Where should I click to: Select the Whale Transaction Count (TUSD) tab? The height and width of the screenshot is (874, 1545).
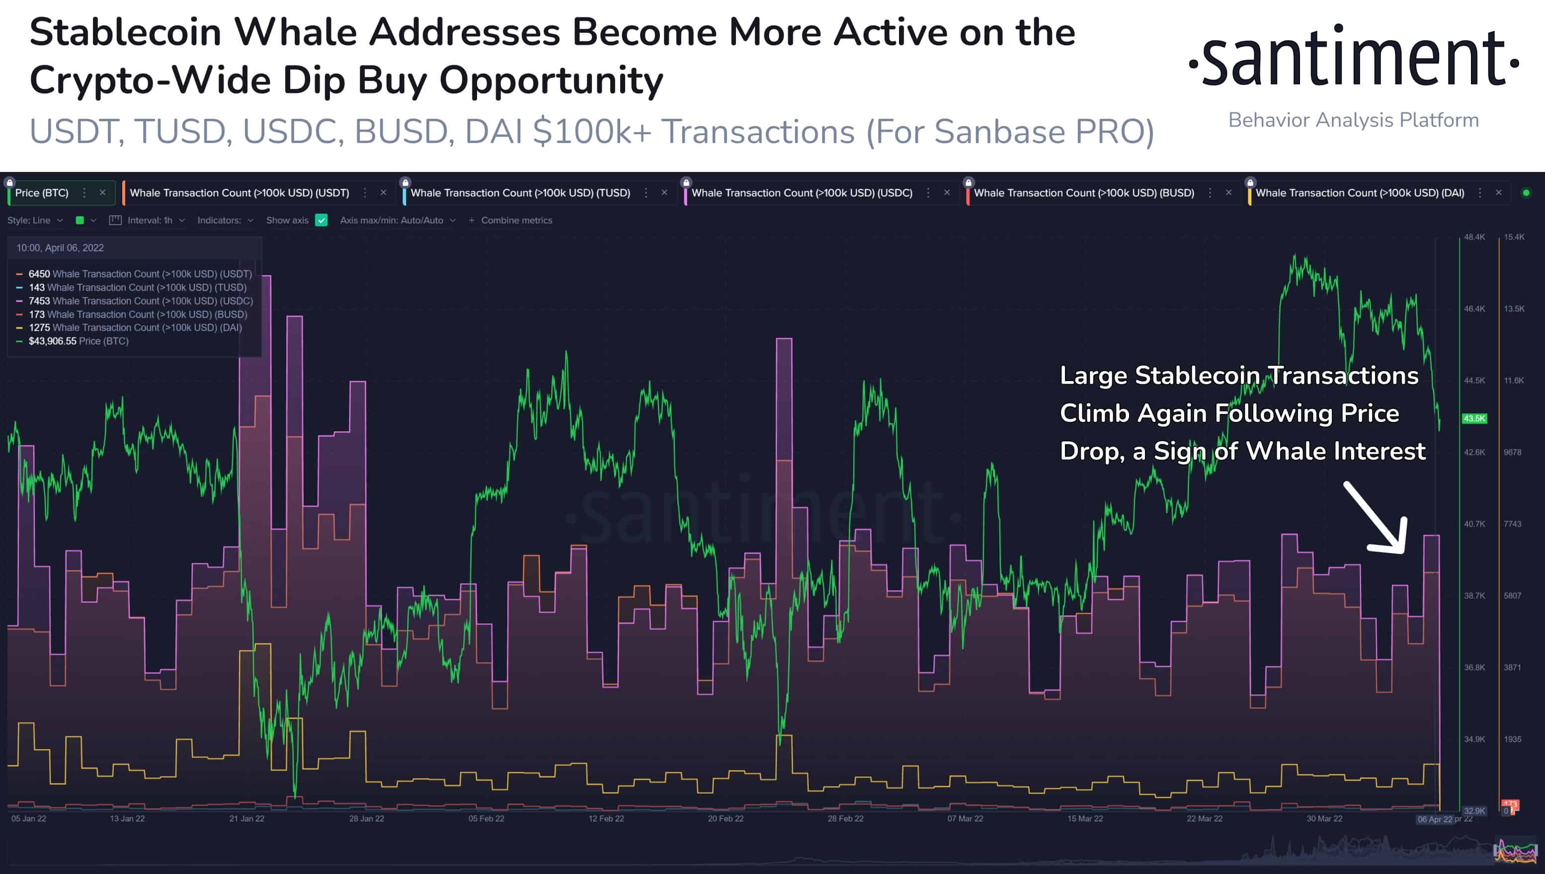(520, 193)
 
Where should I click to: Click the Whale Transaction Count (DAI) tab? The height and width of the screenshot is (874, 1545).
(1360, 193)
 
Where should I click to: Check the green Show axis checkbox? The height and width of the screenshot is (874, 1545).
(322, 220)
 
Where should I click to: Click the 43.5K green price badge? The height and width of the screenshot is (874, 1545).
(1474, 418)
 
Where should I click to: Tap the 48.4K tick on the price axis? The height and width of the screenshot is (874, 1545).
(1474, 237)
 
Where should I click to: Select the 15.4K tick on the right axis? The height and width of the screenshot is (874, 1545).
(1514, 237)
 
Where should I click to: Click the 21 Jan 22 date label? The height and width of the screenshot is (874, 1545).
(246, 818)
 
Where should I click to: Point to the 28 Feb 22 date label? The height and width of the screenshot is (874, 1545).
(845, 818)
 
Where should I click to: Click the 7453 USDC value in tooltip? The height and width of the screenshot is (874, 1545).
(40, 301)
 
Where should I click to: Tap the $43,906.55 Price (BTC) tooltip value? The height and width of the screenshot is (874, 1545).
(52, 341)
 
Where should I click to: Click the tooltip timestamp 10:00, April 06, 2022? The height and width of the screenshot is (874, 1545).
(60, 248)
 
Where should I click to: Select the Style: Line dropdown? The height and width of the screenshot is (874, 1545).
(34, 220)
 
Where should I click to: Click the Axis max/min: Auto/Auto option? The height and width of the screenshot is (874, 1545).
(397, 220)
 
